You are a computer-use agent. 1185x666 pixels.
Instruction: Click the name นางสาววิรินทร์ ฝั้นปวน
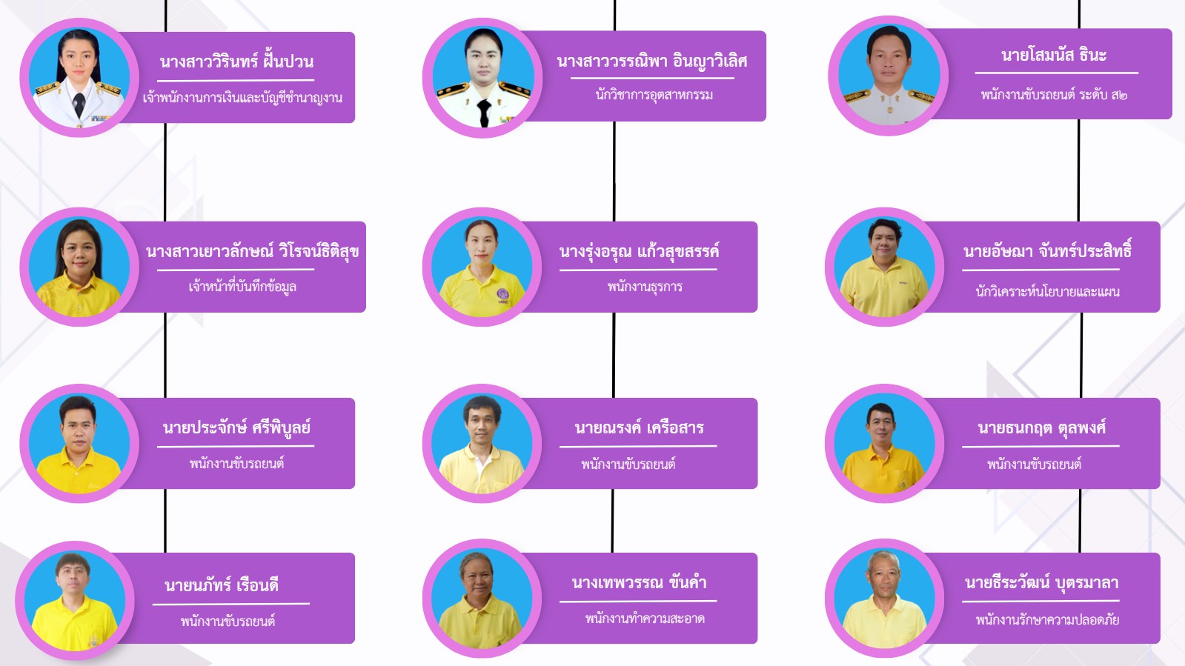[x=236, y=61]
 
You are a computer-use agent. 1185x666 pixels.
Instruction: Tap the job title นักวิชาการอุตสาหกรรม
[x=654, y=96]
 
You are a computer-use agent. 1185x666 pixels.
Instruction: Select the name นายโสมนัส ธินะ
[x=1054, y=55]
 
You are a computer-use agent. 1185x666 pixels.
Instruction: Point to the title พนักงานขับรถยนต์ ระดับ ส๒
[x=1054, y=96]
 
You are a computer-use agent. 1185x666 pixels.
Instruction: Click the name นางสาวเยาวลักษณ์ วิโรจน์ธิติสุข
[x=253, y=251]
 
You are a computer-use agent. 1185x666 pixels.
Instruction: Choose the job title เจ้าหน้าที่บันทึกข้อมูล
[x=242, y=287]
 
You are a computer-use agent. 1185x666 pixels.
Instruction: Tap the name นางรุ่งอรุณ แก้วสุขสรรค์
[x=639, y=251]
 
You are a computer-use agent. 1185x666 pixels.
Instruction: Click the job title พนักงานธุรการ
[x=645, y=287]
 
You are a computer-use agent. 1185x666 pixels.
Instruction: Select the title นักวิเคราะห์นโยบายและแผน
[x=1047, y=291]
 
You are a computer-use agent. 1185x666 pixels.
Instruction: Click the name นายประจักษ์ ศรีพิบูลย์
[x=236, y=427]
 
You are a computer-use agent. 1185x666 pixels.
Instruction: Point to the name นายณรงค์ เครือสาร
[x=639, y=427]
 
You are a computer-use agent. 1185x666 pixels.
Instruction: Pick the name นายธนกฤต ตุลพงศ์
[x=1042, y=427]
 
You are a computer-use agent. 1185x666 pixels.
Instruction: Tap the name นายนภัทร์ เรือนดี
[x=222, y=585]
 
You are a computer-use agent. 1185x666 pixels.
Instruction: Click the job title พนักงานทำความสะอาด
[x=645, y=619]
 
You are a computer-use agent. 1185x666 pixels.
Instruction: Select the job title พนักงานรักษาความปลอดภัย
[x=1047, y=619]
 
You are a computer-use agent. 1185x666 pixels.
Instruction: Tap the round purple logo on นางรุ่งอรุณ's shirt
[x=502, y=294]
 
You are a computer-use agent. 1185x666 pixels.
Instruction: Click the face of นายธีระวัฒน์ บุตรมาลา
[x=884, y=576]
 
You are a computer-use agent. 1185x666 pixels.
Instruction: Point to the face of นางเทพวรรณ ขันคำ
[x=478, y=579]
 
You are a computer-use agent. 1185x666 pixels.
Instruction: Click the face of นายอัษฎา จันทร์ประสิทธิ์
[x=885, y=242]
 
